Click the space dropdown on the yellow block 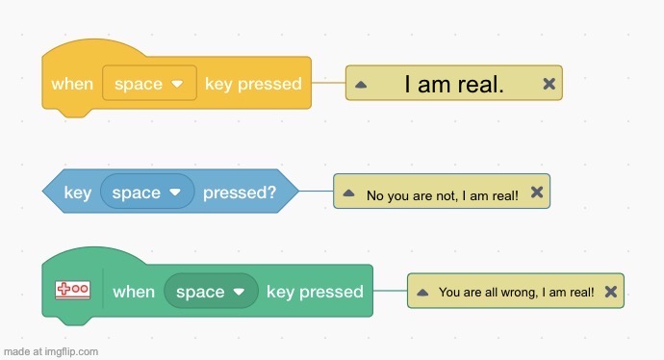(x=149, y=84)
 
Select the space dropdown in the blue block (x=147, y=193)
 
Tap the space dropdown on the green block (x=211, y=292)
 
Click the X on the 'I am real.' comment (x=549, y=84)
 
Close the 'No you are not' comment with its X (x=537, y=193)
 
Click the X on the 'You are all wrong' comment (x=610, y=291)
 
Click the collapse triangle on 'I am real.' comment (x=361, y=85)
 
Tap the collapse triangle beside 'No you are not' (x=348, y=193)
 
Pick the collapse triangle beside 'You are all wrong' (x=422, y=292)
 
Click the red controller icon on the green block (x=72, y=290)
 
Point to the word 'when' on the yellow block (x=72, y=84)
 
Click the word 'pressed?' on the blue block (x=239, y=193)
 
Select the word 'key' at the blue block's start (x=78, y=193)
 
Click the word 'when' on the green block (x=134, y=292)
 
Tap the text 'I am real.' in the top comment (x=453, y=84)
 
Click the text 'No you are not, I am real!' (x=443, y=195)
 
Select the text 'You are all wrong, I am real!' (x=516, y=292)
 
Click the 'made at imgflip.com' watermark (x=50, y=351)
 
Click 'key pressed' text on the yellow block (x=253, y=84)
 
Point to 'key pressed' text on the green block (x=315, y=292)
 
